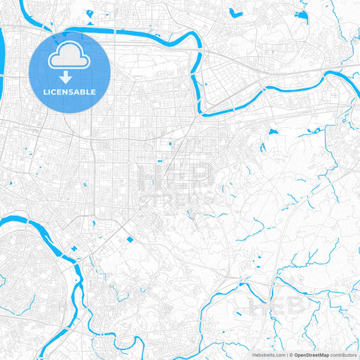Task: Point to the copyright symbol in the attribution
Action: [x=290, y=355]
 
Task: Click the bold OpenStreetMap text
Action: [x=311, y=355]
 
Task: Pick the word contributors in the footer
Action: [x=343, y=355]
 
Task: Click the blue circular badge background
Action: [x=41, y=74]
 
